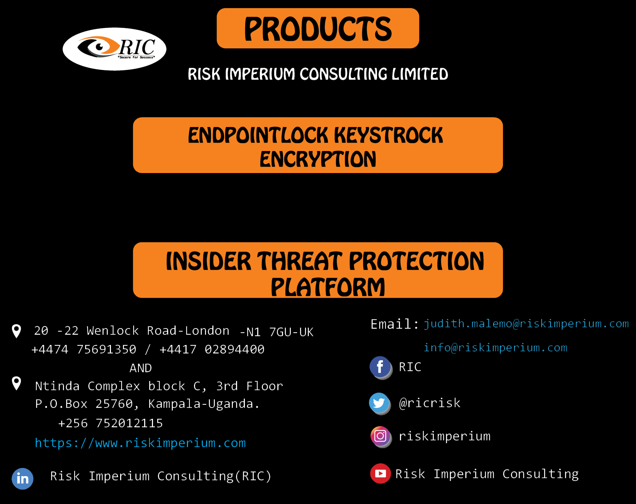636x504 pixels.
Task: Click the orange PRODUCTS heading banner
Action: [318, 28]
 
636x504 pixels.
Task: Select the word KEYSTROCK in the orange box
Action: [388, 135]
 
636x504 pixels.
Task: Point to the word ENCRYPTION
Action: [318, 159]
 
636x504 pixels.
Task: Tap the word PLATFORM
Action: [328, 287]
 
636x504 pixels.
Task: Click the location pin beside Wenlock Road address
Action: [17, 331]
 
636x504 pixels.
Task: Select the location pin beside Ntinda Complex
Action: [17, 383]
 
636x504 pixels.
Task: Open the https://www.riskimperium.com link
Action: [140, 443]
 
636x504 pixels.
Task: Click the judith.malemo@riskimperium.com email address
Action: [526, 324]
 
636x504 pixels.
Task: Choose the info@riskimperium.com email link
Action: [495, 348]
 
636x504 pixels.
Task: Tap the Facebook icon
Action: [381, 367]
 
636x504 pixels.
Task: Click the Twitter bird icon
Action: [380, 403]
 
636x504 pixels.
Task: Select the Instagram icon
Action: [381, 437]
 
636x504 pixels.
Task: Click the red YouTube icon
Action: [381, 473]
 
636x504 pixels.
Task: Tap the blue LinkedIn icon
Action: [23, 479]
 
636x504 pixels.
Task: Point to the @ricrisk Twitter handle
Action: [430, 403]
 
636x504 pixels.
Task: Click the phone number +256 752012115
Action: [111, 423]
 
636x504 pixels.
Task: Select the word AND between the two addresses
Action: [141, 368]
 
